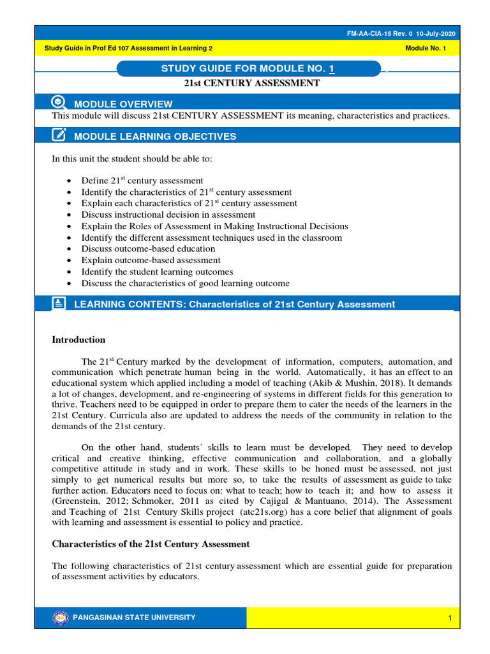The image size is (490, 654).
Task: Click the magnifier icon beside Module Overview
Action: [58, 102]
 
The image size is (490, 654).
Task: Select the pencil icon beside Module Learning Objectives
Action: [58, 135]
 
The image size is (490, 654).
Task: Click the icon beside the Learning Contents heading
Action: [59, 303]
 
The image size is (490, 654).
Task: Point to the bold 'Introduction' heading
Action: [78, 340]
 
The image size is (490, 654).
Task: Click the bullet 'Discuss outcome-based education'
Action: [148, 249]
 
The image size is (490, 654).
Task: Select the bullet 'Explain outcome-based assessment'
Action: [151, 261]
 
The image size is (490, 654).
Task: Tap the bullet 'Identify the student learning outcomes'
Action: [157, 272]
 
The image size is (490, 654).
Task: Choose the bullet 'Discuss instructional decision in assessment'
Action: [168, 215]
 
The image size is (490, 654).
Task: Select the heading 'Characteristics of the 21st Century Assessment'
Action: [151, 544]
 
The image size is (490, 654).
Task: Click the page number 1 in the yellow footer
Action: [450, 618]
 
